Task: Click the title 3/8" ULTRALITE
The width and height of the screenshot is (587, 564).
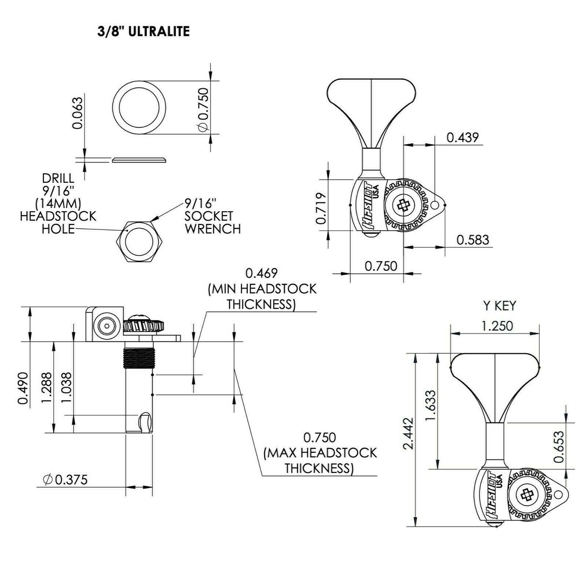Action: (x=143, y=32)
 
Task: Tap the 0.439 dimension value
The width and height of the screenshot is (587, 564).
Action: (x=462, y=138)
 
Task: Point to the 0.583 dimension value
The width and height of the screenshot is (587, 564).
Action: (x=473, y=240)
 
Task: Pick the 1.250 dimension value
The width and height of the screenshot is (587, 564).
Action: (x=497, y=326)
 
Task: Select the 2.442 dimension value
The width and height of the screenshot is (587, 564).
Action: (x=408, y=433)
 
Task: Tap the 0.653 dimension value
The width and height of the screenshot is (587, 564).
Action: (x=559, y=447)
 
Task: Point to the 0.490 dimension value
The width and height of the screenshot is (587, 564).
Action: (x=23, y=388)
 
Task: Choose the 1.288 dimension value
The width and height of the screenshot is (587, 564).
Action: (x=47, y=388)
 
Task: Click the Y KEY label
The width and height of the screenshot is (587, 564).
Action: (x=499, y=306)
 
